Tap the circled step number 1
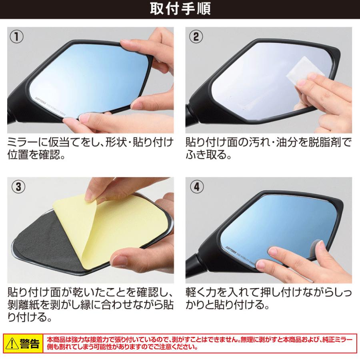tap(16, 37)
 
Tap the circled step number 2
tap(196, 37)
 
